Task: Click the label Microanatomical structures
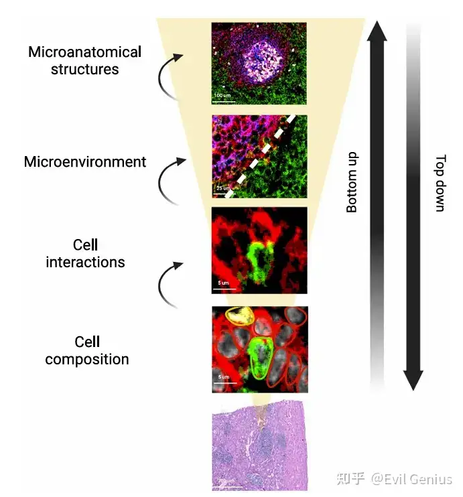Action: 84,60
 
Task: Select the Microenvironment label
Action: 84,161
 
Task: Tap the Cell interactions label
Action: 85,253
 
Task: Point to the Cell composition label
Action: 87,350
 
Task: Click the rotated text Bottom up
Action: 352,182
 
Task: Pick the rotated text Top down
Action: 440,183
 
